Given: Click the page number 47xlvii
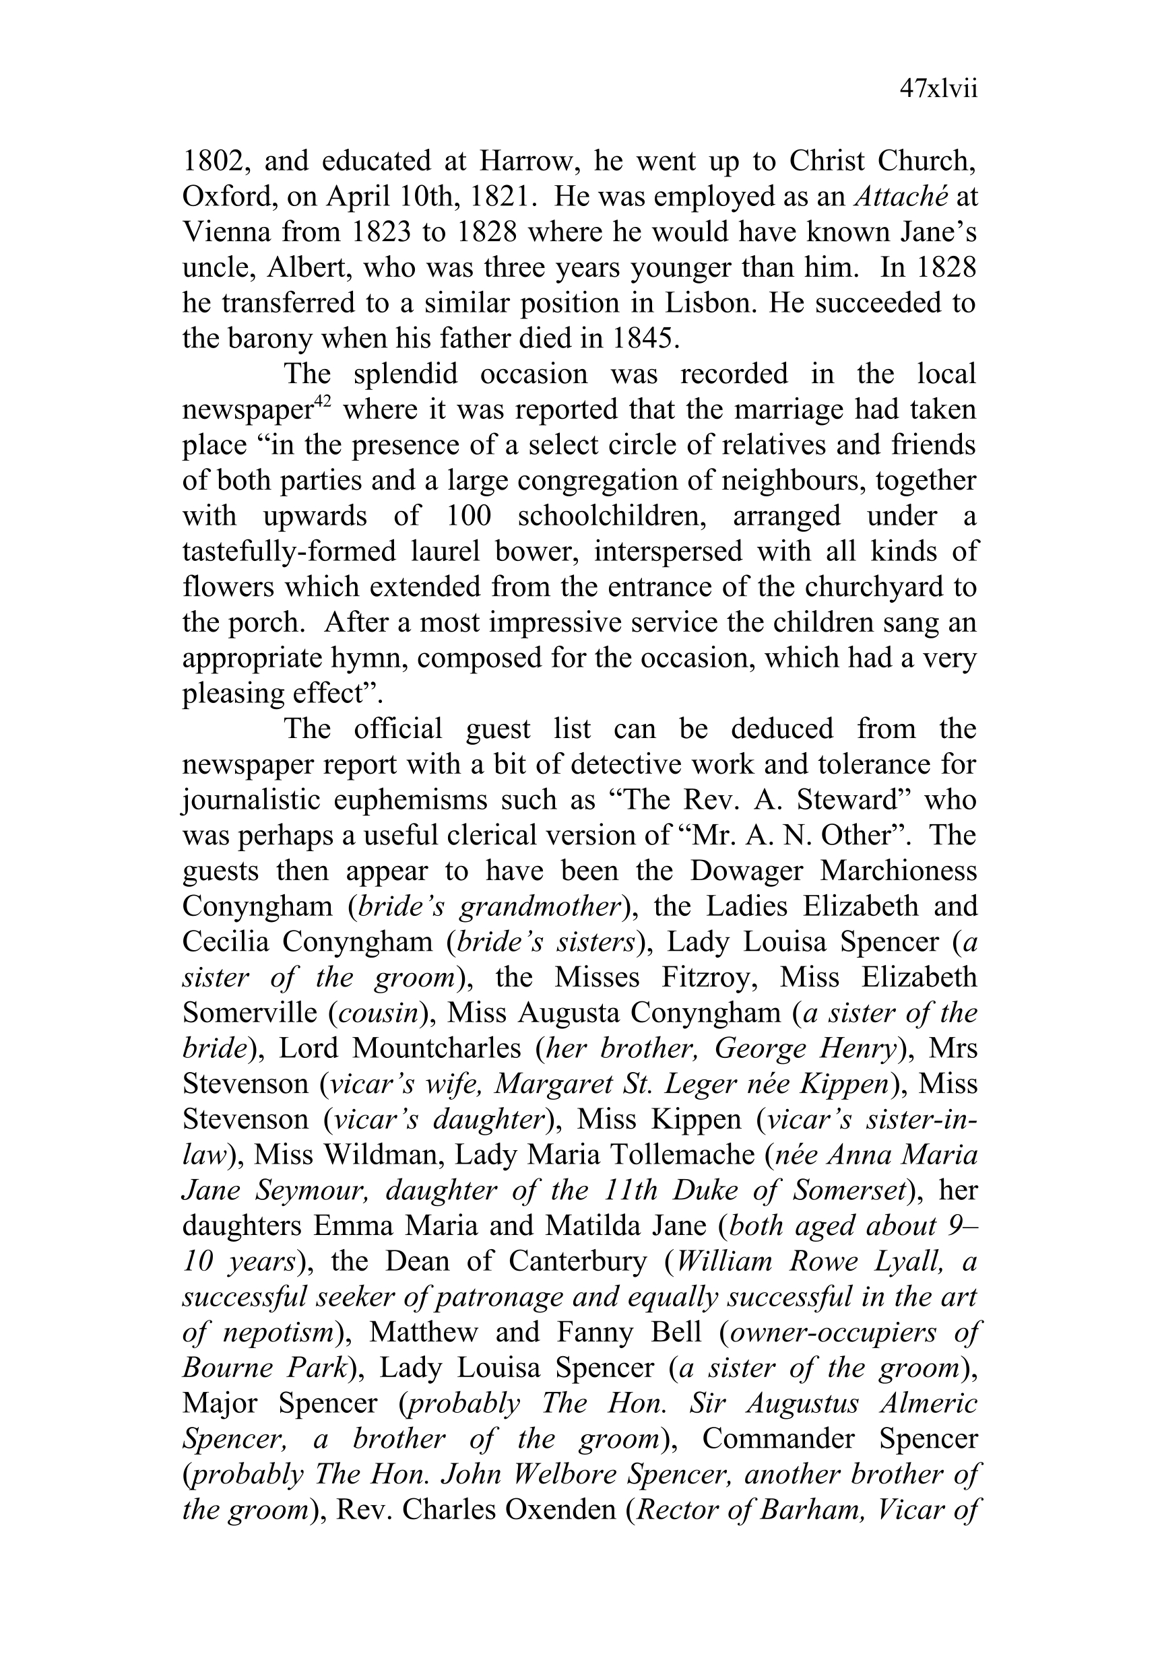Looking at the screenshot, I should click(938, 90).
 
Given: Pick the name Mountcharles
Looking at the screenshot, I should click(437, 1048).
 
